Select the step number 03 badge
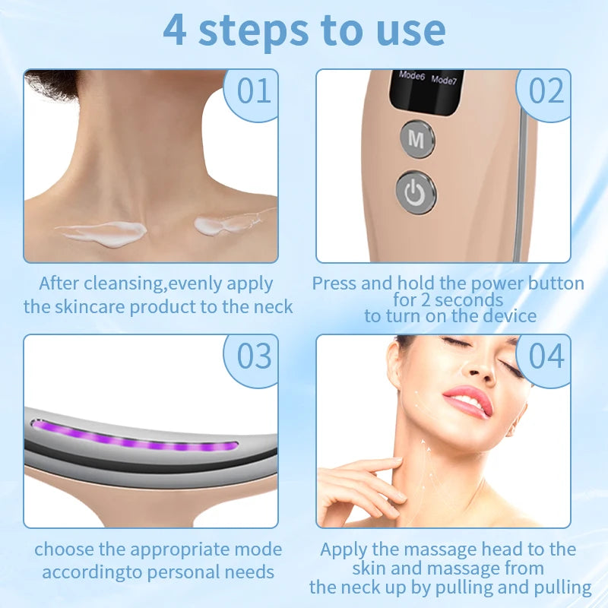click(254, 356)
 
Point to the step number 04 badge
click(546, 356)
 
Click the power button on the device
click(416, 192)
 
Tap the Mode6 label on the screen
click(411, 76)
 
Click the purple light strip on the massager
click(137, 439)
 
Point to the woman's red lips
click(467, 400)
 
